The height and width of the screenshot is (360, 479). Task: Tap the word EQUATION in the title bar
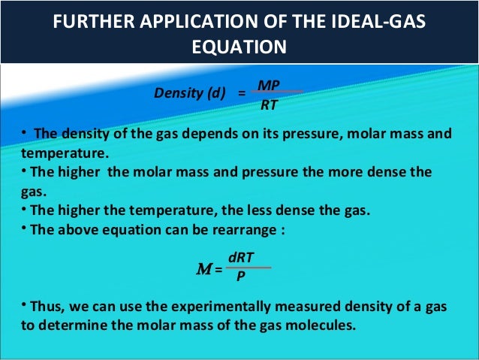[x=239, y=47]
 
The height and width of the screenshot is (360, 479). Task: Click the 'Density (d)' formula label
[x=190, y=93]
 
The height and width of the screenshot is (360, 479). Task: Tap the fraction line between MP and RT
[x=277, y=92]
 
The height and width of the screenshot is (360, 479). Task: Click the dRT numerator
[x=241, y=257]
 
